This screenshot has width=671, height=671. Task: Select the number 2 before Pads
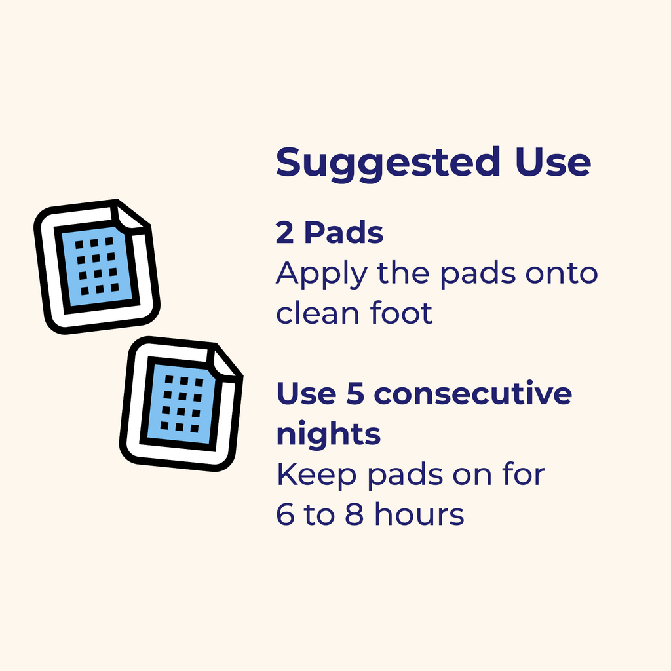click(x=285, y=233)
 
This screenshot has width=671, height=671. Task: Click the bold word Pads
click(x=343, y=233)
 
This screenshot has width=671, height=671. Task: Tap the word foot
click(x=405, y=313)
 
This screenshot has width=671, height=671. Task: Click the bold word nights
click(x=328, y=434)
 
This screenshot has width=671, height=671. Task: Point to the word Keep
click(x=316, y=475)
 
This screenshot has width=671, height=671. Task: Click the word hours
click(x=419, y=514)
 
